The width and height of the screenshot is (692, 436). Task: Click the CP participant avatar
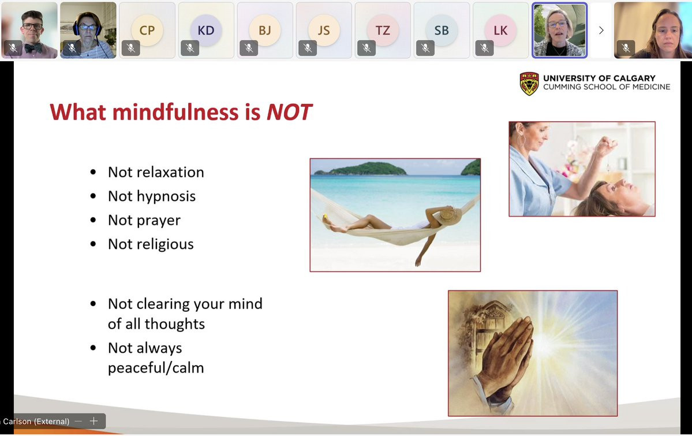147,30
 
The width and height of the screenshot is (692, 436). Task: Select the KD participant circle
205,30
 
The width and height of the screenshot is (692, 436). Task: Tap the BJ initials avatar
265,30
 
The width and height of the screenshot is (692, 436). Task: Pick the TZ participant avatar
383,30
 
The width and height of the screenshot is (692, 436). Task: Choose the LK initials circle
500,30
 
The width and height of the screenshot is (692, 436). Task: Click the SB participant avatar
442,30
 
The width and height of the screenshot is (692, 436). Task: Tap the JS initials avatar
324,30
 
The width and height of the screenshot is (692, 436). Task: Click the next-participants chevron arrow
601,30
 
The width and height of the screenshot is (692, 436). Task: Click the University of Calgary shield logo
529,84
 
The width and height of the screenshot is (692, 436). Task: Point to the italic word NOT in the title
289,112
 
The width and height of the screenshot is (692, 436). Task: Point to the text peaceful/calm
156,368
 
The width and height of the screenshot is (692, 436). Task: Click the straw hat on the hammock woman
450,215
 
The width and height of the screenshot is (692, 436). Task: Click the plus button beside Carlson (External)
93,421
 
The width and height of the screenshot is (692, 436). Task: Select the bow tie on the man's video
33,48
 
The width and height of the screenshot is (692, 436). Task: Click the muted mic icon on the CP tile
131,48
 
